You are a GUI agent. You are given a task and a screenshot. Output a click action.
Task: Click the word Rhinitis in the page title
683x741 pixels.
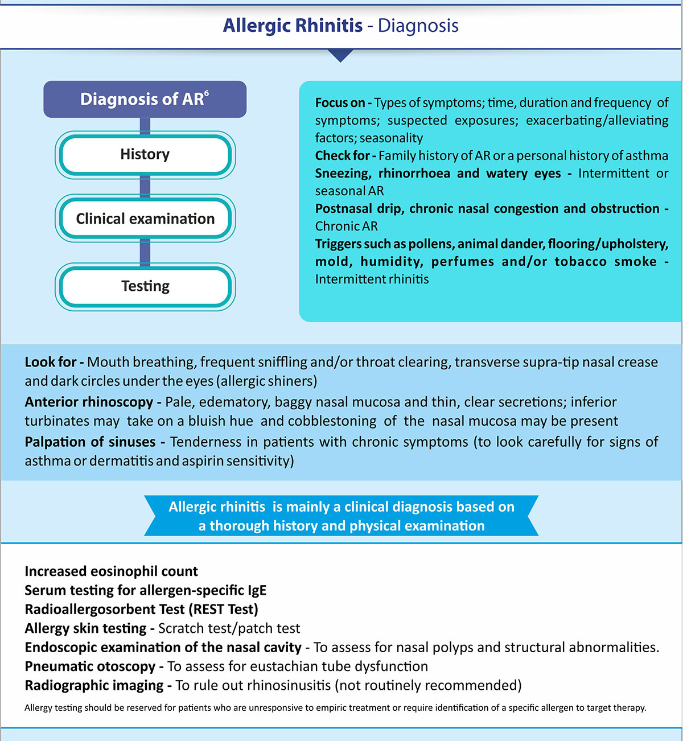click(x=327, y=26)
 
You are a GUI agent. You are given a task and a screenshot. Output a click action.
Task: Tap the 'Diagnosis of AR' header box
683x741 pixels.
click(x=145, y=100)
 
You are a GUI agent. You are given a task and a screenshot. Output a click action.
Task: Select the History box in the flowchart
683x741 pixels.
click(x=145, y=154)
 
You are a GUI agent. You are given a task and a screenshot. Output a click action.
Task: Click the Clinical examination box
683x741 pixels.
click(x=145, y=219)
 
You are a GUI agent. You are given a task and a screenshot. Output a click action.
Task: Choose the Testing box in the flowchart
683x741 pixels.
click(x=145, y=286)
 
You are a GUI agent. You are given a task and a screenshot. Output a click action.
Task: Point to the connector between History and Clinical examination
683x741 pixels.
click(x=145, y=186)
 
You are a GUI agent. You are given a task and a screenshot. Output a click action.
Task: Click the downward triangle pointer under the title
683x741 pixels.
click(x=341, y=55)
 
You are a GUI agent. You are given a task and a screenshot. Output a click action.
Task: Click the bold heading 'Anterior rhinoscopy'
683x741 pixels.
click(x=89, y=402)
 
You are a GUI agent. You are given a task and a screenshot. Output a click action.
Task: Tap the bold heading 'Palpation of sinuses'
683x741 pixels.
click(x=90, y=442)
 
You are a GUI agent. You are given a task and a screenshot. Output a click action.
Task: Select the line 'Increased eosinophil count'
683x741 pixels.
click(x=111, y=571)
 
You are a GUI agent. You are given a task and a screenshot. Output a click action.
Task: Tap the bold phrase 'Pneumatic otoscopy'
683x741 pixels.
click(x=90, y=666)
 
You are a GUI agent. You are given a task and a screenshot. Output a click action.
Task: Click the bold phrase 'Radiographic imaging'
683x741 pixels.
click(x=94, y=685)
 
